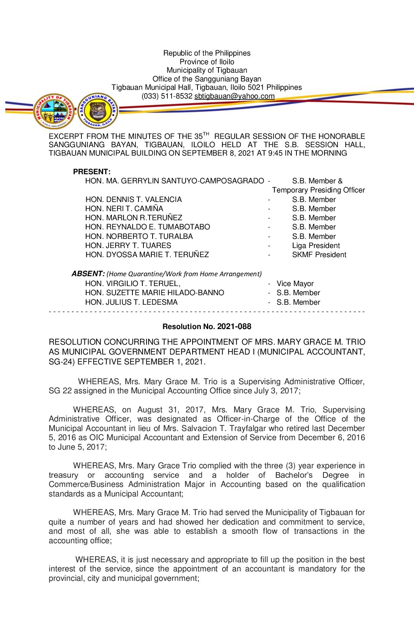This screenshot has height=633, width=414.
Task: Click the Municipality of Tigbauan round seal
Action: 54,111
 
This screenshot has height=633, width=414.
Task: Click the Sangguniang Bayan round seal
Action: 98,111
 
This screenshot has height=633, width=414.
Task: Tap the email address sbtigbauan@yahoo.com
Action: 234,96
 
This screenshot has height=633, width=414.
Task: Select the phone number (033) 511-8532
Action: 167,96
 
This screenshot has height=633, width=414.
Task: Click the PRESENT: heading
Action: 92,172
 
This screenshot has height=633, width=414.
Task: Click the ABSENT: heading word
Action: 88,274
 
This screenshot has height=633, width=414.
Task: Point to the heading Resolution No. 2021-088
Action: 207,326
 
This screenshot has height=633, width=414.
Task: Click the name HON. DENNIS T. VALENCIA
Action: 134,199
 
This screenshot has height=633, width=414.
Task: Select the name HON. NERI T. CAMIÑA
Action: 124,208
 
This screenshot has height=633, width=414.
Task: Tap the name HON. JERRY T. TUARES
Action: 128,245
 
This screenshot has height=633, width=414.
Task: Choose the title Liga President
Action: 316,245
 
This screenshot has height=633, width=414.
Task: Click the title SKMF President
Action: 319,254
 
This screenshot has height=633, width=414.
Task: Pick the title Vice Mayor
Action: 295,283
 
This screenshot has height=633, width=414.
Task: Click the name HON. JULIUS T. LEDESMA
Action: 131,302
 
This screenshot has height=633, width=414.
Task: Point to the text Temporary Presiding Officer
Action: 318,190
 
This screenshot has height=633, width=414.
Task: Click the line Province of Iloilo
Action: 207,62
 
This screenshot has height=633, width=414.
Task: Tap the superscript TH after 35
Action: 206,134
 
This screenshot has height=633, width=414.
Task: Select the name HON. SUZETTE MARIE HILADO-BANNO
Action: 154,293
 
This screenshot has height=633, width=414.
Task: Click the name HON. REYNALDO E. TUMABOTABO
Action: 148,227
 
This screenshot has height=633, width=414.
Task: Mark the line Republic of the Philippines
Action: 207,53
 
